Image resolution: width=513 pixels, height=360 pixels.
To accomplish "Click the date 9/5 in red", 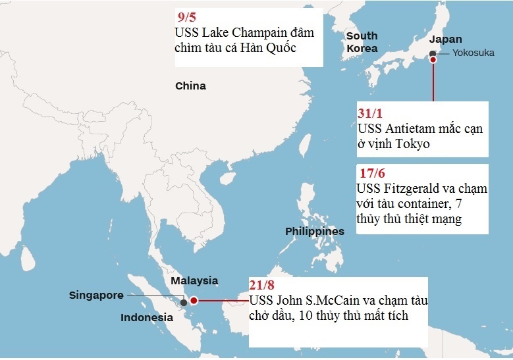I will pyautogui.click(x=188, y=17).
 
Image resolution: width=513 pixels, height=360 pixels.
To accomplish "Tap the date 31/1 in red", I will pyautogui.click(x=369, y=113).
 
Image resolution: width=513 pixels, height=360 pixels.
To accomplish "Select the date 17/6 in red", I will pyautogui.click(x=369, y=174).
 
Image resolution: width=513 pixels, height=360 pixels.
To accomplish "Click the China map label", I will pyautogui.click(x=190, y=86).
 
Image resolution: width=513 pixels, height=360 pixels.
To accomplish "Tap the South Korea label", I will pyautogui.click(x=362, y=41).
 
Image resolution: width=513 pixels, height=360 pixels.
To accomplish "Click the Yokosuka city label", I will pyautogui.click(x=473, y=53).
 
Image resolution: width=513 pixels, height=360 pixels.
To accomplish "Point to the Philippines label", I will pyautogui.click(x=314, y=232).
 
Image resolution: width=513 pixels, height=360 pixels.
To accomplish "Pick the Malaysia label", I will pyautogui.click(x=194, y=280).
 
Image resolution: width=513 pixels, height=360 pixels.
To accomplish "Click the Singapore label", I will pyautogui.click(x=96, y=295).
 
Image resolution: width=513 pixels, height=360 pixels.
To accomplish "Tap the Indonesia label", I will pyautogui.click(x=146, y=317).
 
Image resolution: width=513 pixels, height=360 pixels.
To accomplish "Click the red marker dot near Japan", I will pyautogui.click(x=433, y=59).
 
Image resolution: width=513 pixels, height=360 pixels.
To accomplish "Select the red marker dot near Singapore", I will pyautogui.click(x=194, y=300).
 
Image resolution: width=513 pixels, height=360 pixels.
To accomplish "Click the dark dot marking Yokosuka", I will pyautogui.click(x=432, y=53).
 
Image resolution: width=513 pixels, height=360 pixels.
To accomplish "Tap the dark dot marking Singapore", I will pyautogui.click(x=184, y=302).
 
